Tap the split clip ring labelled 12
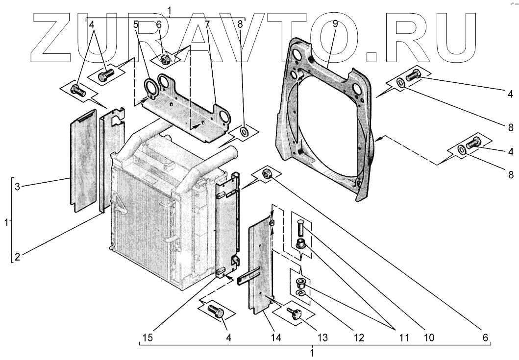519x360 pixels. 301,293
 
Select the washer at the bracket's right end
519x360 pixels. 243,132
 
